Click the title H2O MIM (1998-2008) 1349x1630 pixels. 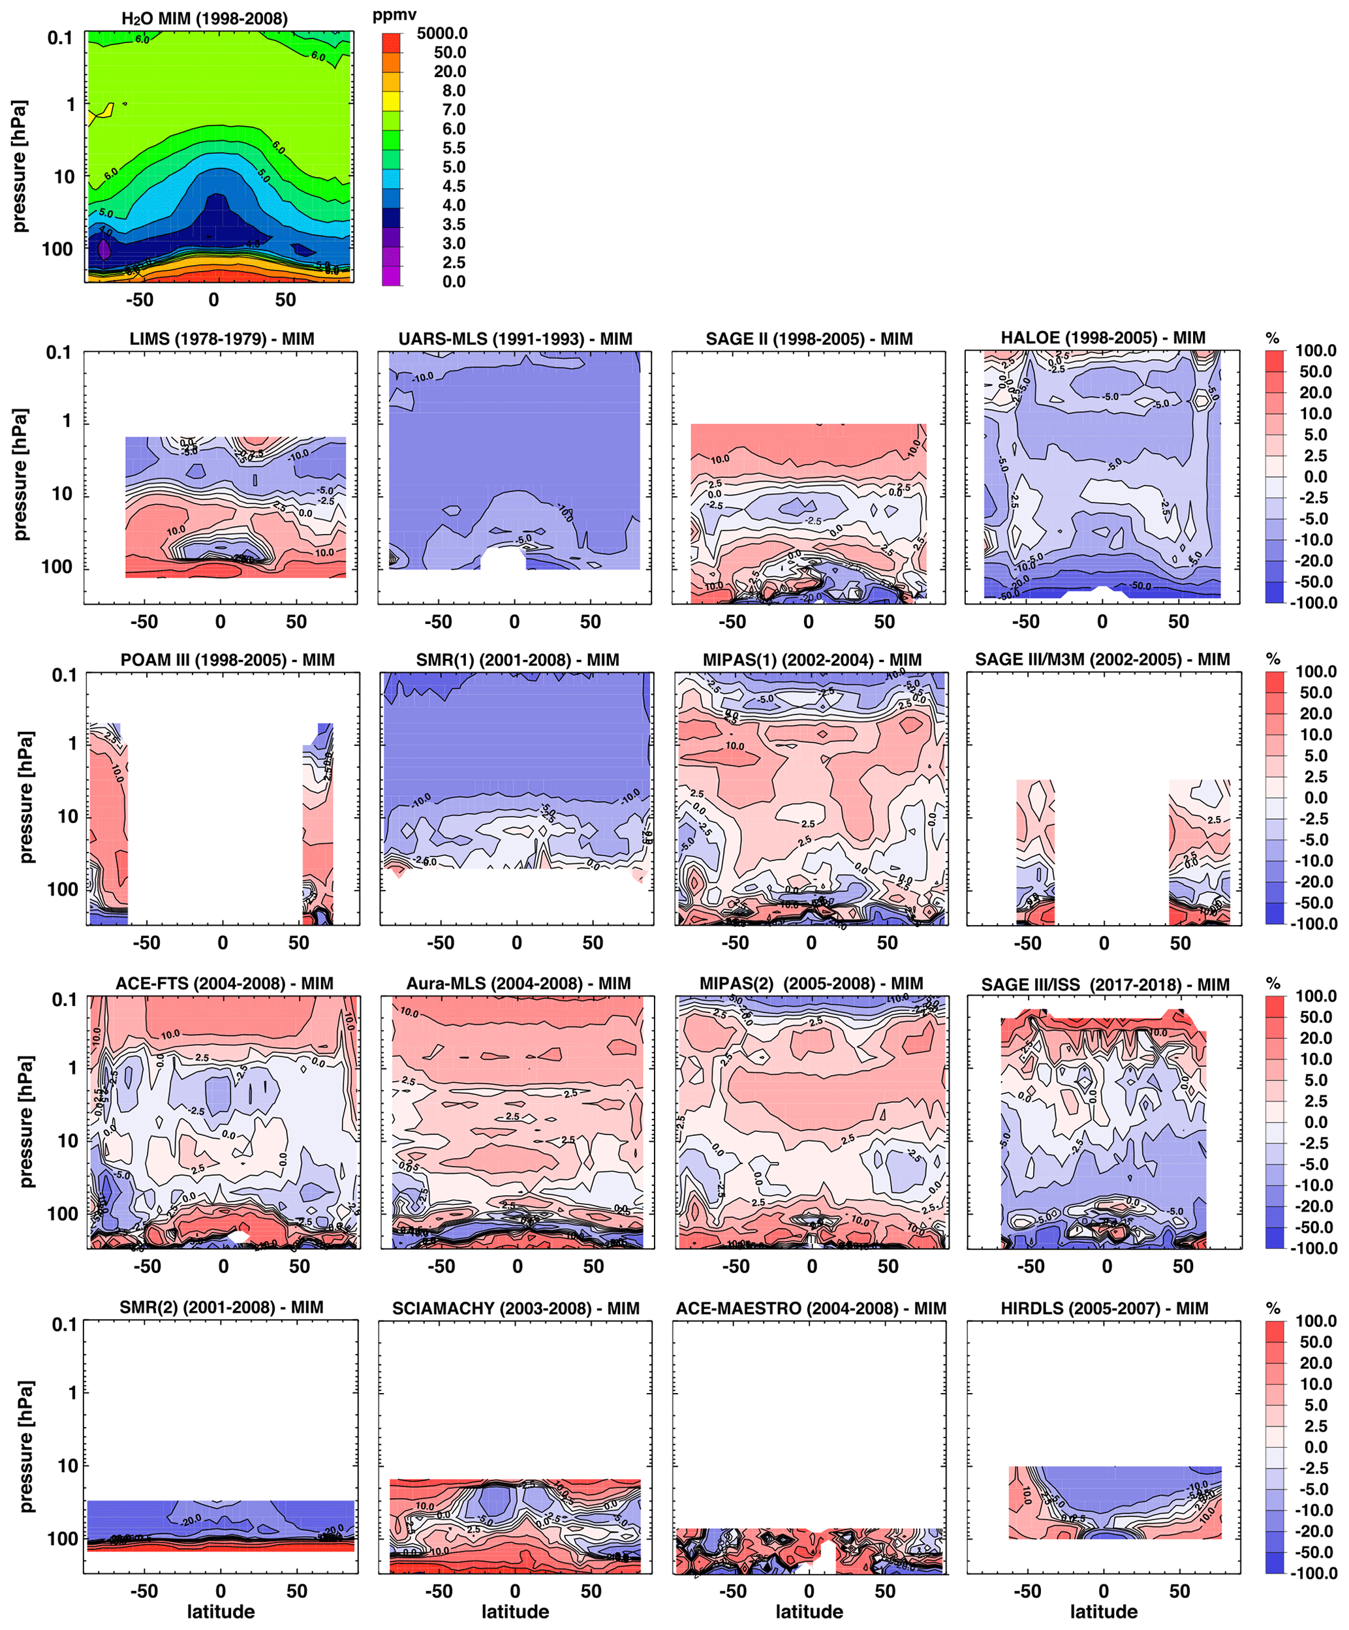click(x=204, y=19)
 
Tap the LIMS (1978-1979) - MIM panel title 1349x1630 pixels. click(x=221, y=339)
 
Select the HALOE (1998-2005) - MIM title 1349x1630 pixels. click(x=1102, y=337)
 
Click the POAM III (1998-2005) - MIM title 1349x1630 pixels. click(x=226, y=660)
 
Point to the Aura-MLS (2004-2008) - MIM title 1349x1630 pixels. click(x=518, y=984)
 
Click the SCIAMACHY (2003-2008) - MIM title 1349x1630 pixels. click(x=516, y=1308)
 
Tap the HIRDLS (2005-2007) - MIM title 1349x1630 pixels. click(x=1104, y=1308)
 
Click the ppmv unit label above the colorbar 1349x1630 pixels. click(x=394, y=15)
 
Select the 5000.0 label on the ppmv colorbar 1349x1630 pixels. click(x=442, y=33)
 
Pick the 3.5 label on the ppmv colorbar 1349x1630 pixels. click(x=454, y=225)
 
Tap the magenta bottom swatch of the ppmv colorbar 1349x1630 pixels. click(x=392, y=276)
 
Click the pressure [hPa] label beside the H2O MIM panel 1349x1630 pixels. click(x=19, y=165)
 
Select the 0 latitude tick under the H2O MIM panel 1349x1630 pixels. click(x=213, y=300)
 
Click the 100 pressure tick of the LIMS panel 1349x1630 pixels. click(x=56, y=567)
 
